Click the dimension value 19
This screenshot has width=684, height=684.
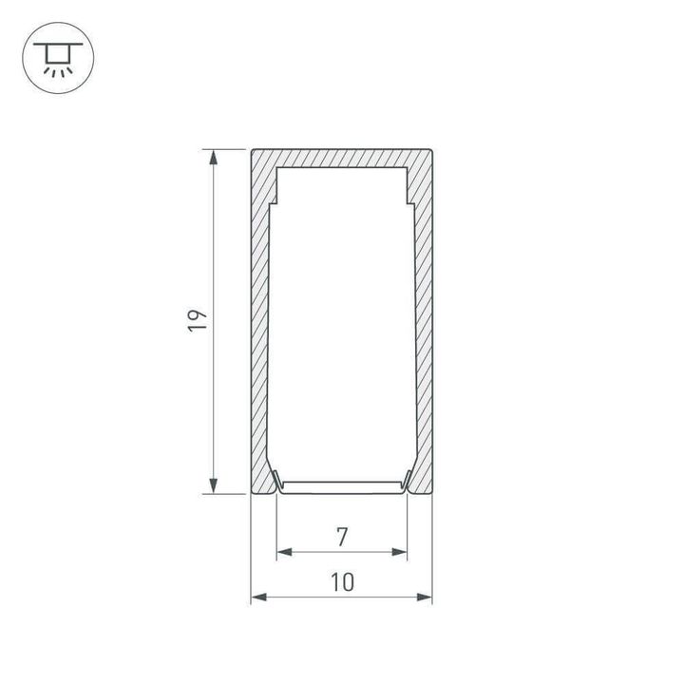click(197, 321)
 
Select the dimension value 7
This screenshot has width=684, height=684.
click(341, 537)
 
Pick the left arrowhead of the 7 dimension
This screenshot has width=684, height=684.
click(282, 552)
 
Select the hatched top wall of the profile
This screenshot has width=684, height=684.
click(341, 158)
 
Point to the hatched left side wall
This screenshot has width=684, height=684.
click(260, 323)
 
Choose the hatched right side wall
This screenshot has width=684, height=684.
click(423, 323)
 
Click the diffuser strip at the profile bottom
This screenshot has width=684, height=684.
click(341, 486)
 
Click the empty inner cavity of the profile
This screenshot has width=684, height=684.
click(341, 323)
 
